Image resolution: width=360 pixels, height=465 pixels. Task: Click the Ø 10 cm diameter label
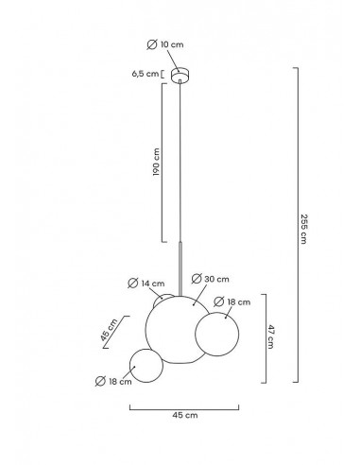[165, 44]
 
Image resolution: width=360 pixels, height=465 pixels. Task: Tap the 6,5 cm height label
[146, 74]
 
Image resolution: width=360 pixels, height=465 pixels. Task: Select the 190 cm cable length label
[156, 162]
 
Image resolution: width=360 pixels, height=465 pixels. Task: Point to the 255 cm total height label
[303, 229]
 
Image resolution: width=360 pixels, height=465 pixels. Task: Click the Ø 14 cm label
[146, 284]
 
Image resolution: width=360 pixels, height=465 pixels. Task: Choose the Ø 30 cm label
[211, 279]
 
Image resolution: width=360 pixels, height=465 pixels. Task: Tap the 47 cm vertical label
[270, 336]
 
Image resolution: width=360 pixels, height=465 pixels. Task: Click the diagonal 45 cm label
[109, 330]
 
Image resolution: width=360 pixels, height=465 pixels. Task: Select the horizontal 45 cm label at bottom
[185, 415]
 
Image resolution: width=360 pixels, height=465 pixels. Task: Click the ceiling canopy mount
[180, 75]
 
